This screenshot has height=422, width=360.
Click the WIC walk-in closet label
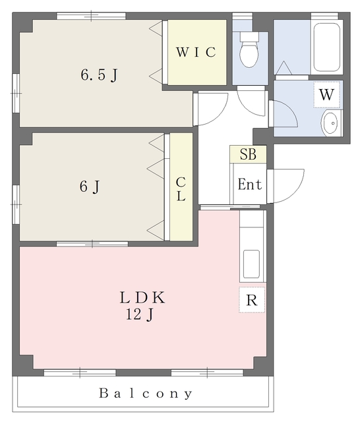[x=196, y=52]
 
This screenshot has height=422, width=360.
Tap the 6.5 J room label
[x=99, y=75]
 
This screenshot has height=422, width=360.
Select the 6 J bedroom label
[x=90, y=186]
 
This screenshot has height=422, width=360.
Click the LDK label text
[x=142, y=297]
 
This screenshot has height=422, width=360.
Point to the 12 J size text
[x=140, y=314]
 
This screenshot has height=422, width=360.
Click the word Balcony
[x=146, y=394]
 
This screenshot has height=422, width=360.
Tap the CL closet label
[x=181, y=189]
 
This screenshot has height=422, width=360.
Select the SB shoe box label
[x=248, y=154]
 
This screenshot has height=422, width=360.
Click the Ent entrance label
[x=250, y=185]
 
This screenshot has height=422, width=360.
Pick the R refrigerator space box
[x=252, y=299]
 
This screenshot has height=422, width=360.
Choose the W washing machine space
[x=326, y=94]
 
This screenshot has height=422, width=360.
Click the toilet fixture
[x=249, y=49]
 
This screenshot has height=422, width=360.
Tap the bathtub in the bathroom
[x=326, y=47]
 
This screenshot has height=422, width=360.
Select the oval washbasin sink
[x=330, y=123]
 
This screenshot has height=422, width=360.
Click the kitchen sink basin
[x=251, y=264]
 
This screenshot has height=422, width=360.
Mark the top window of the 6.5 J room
[x=91, y=16]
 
